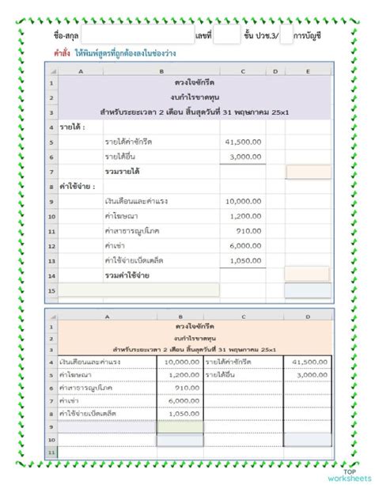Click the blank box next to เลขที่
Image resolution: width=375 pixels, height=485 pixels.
[226, 36]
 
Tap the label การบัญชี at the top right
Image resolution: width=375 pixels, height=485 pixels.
[312, 36]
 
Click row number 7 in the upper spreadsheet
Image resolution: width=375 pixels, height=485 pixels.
[51, 172]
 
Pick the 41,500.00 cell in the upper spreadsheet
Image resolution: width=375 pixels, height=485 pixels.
[244, 142]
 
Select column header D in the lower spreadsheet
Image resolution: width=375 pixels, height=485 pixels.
[308, 316]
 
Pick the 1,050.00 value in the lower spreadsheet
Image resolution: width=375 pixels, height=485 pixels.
[184, 413]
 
